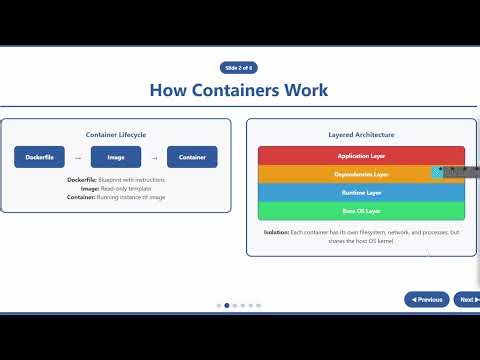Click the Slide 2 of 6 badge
pyautogui.click(x=238, y=68)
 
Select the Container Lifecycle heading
pyautogui.click(x=116, y=133)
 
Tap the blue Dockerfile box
pyautogui.click(x=40, y=157)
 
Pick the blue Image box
pyautogui.click(x=116, y=157)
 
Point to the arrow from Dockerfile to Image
pyautogui.click(x=78, y=157)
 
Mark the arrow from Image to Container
pyautogui.click(x=154, y=157)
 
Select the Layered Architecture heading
pyautogui.click(x=361, y=134)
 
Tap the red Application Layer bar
pyautogui.click(x=361, y=156)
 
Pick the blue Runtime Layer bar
pyautogui.click(x=361, y=192)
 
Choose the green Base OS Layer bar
pyautogui.click(x=361, y=211)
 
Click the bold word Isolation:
pyautogui.click(x=276, y=232)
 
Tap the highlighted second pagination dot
pyautogui.click(x=227, y=305)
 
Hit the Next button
pyautogui.click(x=464, y=299)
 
